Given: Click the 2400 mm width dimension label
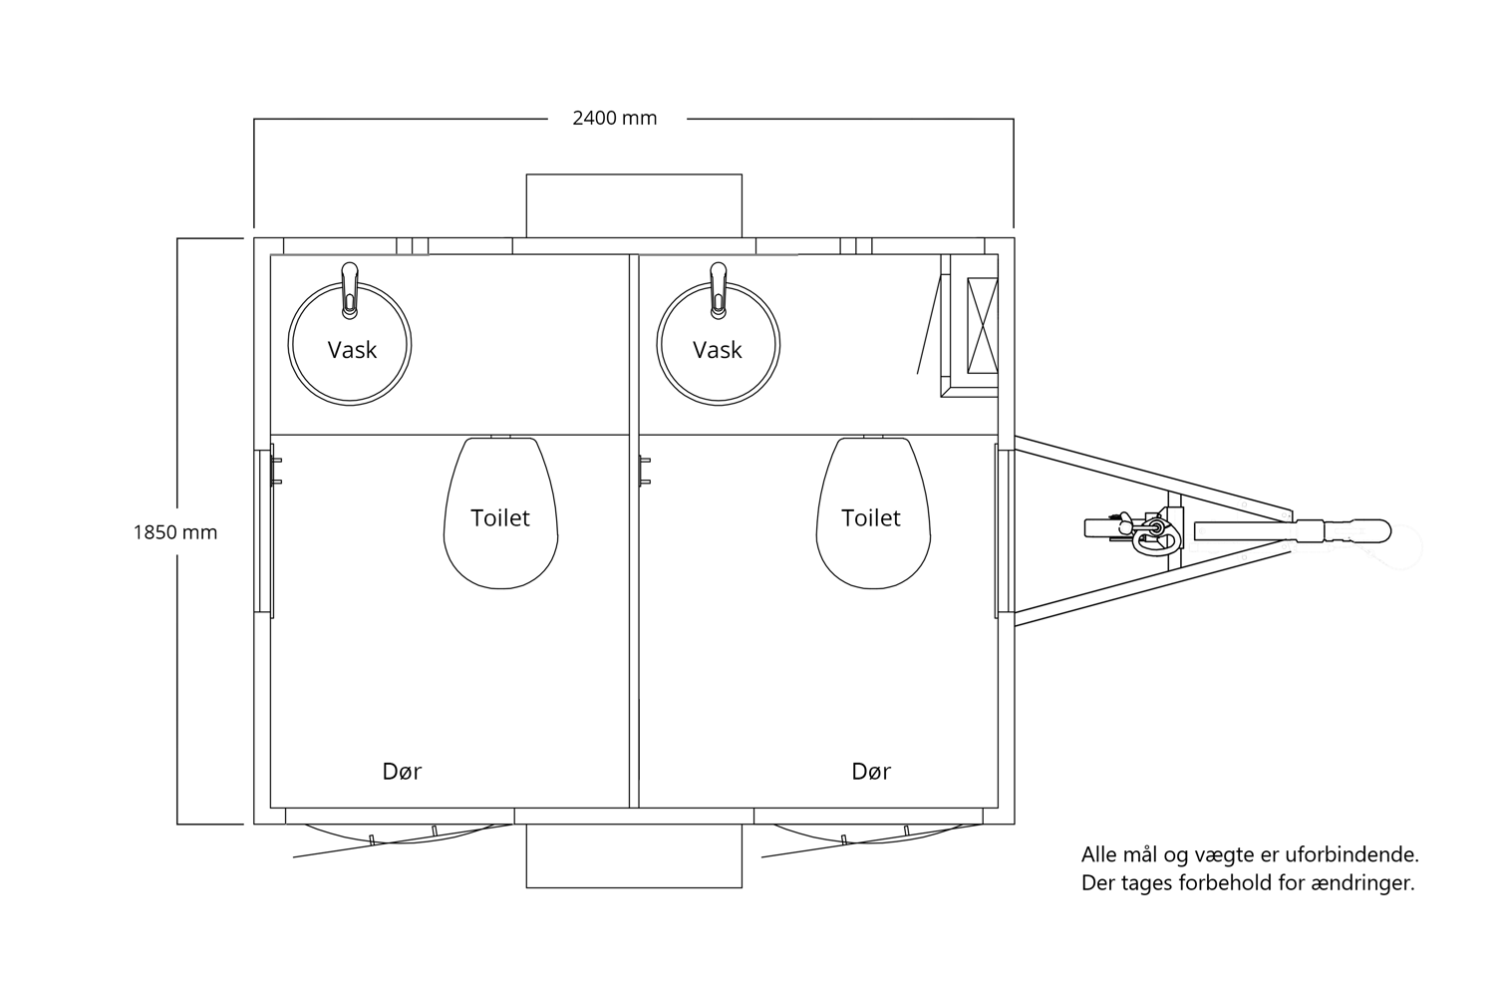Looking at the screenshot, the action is point(615,119).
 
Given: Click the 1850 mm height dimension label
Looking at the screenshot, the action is point(174,532).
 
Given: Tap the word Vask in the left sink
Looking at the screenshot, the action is point(352,350).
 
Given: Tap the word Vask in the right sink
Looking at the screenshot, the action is point(718,350).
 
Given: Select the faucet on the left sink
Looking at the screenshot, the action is point(350,289).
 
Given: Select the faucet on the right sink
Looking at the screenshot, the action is point(719,289).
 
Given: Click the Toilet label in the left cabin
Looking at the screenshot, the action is point(500,517).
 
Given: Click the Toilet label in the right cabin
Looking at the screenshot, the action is point(871,517).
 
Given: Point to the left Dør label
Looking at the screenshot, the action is point(402,772).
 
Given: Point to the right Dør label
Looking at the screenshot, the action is point(871,772).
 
